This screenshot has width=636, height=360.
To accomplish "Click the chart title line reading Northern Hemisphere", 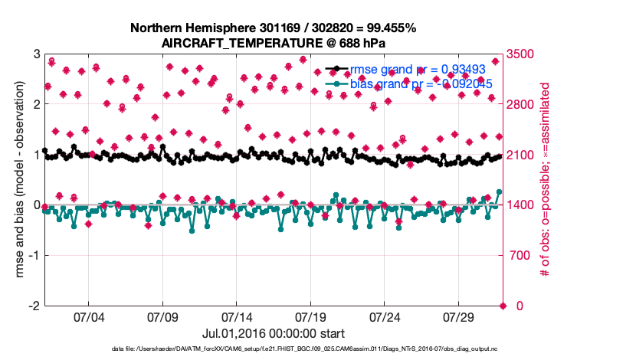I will [x=274, y=28].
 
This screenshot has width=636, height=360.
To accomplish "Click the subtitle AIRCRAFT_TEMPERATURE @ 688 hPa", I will [x=274, y=44].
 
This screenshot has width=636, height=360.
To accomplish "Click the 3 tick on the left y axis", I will [x=36, y=54].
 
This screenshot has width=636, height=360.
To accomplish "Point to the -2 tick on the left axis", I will [x=34, y=306].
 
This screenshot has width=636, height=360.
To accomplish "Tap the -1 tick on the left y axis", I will [x=34, y=256].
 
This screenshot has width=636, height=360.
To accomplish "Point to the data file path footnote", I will [x=316, y=350].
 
